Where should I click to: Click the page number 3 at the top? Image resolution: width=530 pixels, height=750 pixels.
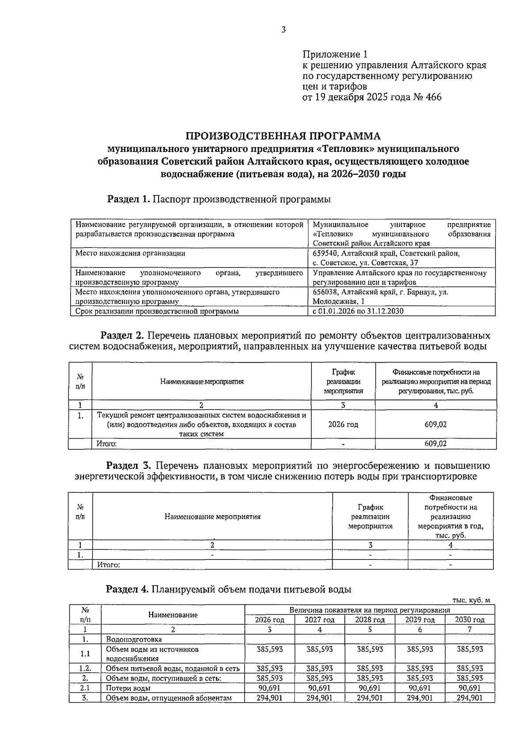click(x=283, y=30)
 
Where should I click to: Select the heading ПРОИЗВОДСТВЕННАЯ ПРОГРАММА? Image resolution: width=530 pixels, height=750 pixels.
click(x=283, y=135)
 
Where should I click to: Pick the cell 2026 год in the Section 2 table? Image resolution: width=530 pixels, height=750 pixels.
click(x=343, y=425)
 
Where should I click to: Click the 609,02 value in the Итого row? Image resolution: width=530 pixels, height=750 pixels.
click(x=435, y=444)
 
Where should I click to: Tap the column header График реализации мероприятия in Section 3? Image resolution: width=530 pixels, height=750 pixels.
click(x=370, y=517)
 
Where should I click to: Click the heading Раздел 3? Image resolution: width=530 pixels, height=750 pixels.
click(x=129, y=466)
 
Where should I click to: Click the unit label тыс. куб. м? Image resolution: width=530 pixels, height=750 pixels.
click(x=471, y=600)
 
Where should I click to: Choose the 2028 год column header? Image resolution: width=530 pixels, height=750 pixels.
click(x=370, y=620)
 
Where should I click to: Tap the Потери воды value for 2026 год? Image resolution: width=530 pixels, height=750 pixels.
click(x=269, y=688)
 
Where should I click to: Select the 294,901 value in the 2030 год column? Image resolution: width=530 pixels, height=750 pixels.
click(x=469, y=698)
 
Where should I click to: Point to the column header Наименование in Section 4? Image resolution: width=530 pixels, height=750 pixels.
click(x=173, y=615)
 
